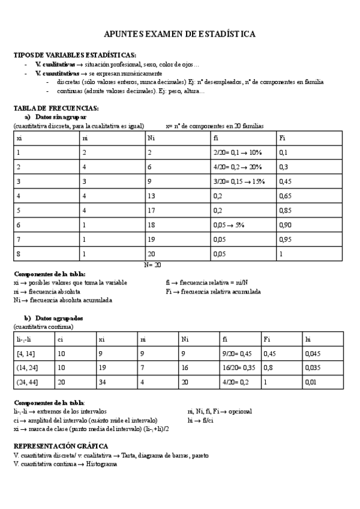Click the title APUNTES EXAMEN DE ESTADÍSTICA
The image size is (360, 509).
179,35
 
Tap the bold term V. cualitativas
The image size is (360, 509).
55,64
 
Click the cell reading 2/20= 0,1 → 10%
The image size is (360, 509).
238,152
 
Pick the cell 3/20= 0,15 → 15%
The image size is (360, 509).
239,181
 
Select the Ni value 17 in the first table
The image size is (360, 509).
152,209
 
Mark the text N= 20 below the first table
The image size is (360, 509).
153,264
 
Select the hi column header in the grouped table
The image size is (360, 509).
308,339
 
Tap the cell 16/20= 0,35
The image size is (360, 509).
238,368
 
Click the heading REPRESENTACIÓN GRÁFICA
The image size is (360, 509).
61,447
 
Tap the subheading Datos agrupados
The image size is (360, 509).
59,318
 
